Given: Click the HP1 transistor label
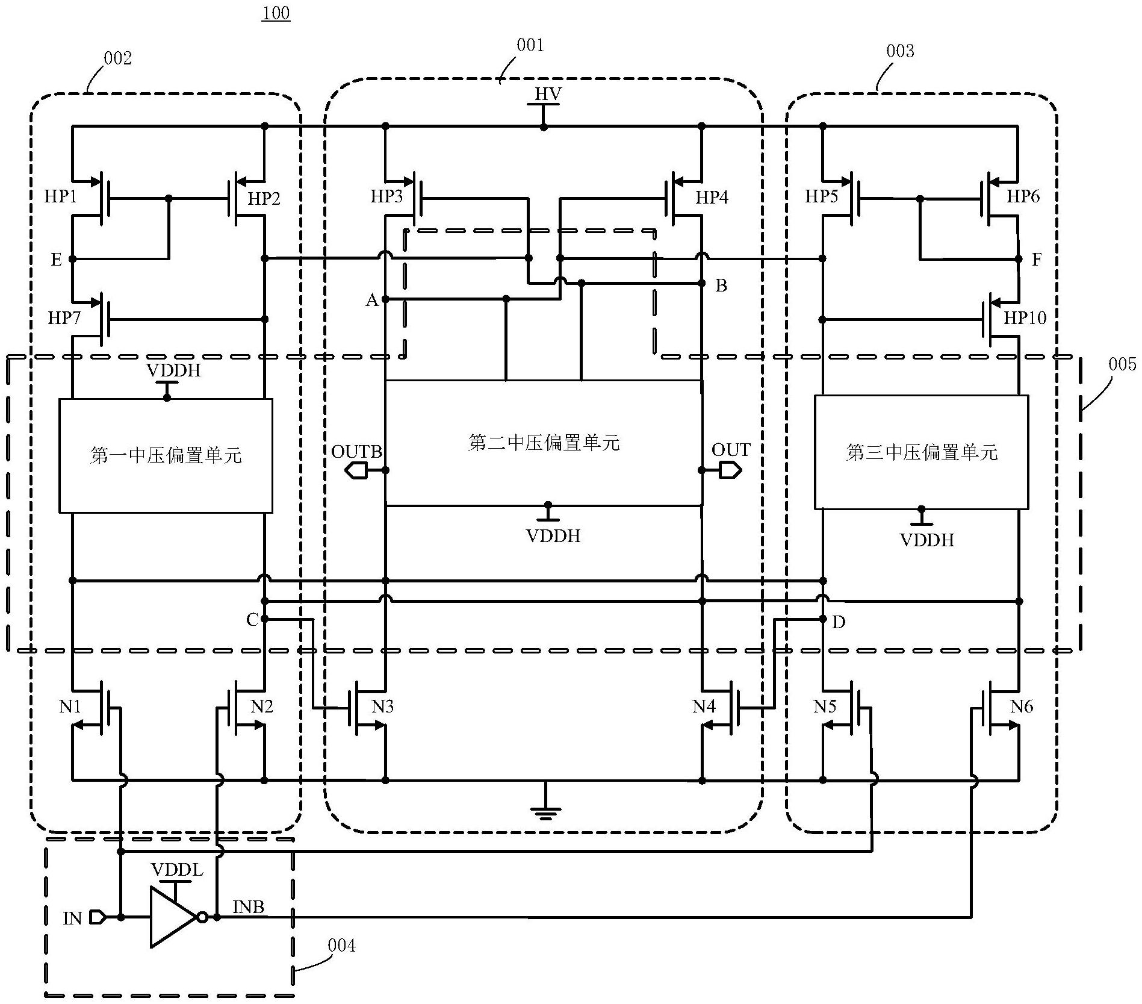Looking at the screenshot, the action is (x=60, y=196).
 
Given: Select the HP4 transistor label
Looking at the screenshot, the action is (x=712, y=197).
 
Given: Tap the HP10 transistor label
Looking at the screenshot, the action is (x=1025, y=317).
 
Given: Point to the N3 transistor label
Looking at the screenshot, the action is (x=382, y=706).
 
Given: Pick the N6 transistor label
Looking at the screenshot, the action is (x=1022, y=706).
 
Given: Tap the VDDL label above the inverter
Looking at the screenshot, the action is (x=177, y=870).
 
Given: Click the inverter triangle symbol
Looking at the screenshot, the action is (x=173, y=917).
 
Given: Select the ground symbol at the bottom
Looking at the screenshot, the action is (x=545, y=811).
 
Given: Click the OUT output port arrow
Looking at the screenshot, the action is (x=728, y=470).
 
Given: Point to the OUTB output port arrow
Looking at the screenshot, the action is (x=357, y=470).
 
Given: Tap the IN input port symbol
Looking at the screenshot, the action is (x=98, y=917).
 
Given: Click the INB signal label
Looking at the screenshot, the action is (x=249, y=907).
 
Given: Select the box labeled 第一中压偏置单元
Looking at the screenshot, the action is (x=166, y=456).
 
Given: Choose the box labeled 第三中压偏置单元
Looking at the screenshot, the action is (x=921, y=452).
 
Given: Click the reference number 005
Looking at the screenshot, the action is (x=1122, y=364).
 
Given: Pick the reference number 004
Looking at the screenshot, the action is (x=341, y=946).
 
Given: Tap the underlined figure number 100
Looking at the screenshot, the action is (x=276, y=12).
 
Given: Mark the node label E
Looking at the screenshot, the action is (x=56, y=260).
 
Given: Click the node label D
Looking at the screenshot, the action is (x=839, y=622).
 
